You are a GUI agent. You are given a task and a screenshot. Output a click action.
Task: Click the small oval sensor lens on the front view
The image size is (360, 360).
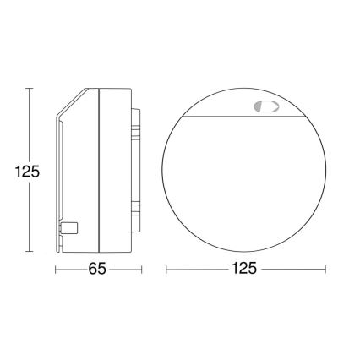pos(265,107)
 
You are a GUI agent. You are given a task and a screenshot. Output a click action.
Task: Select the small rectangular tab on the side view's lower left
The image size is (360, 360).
pos(71,227)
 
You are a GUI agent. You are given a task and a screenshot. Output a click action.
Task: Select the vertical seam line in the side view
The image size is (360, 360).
pos(100,169)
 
